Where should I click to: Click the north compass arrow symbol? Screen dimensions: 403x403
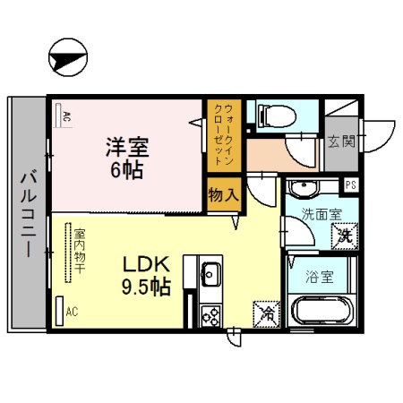coord(68,59)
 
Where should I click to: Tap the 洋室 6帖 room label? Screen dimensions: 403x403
coord(125,156)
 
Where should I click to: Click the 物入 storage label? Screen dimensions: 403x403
coord(224,193)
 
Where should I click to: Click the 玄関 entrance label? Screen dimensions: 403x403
coord(340,141)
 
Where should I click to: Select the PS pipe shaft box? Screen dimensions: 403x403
coord(352,185)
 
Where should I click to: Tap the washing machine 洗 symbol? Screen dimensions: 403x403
coord(343,237)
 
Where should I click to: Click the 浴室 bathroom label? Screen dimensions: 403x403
coord(321,276)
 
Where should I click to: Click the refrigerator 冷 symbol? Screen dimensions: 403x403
coord(266,313)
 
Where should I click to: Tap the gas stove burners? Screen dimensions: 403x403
coord(212,315)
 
